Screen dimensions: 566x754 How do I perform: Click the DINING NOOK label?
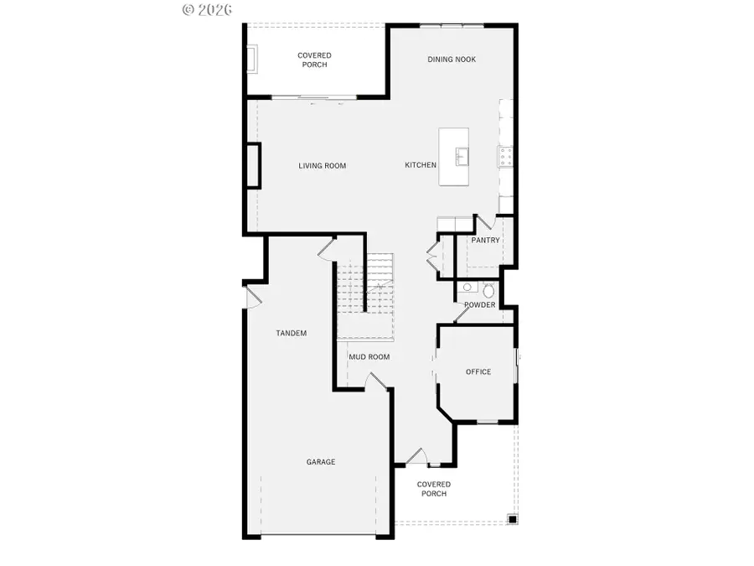point(452,60)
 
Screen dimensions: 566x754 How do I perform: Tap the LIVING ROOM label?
point(323,166)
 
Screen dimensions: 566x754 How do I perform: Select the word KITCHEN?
point(421,165)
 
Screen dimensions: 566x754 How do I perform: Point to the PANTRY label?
point(485,241)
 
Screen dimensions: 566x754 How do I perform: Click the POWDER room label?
point(479,305)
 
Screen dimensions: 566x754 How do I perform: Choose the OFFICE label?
point(478,371)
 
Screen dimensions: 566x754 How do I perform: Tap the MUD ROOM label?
point(369,357)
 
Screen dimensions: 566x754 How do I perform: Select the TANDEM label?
point(292,334)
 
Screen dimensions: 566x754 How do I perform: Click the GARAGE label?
point(321,462)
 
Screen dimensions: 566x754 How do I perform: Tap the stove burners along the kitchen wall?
point(506,154)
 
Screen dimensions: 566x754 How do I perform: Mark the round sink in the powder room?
point(466,288)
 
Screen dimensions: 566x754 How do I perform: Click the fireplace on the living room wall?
point(252,164)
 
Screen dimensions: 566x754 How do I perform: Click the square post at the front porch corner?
point(511,519)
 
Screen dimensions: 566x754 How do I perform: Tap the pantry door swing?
point(483,225)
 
